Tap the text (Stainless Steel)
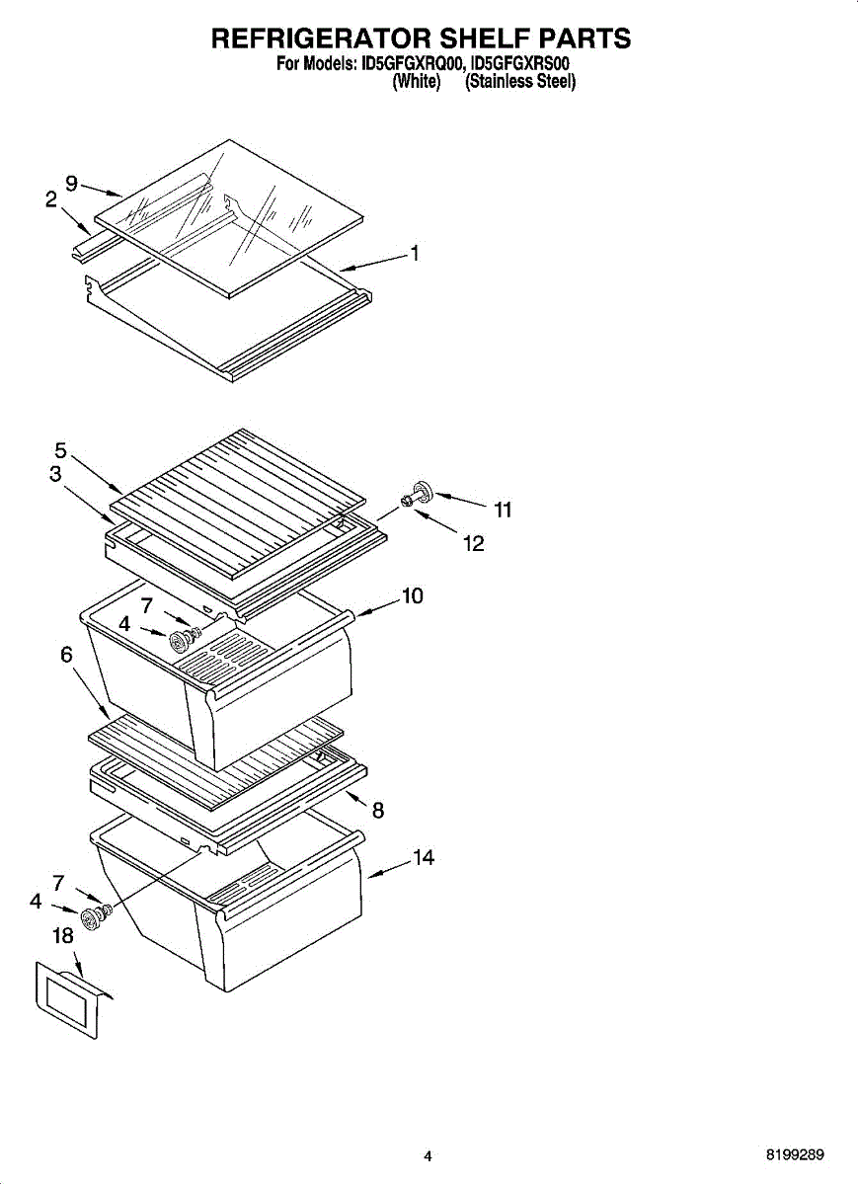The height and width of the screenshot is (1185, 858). [x=519, y=82]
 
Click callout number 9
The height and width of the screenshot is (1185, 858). [x=71, y=183]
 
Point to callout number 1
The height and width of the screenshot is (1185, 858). [x=416, y=254]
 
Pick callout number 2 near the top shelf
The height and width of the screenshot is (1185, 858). [x=50, y=199]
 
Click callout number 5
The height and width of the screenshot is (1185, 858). [x=60, y=450]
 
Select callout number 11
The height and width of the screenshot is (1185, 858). [x=503, y=510]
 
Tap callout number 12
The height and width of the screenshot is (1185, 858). [x=474, y=543]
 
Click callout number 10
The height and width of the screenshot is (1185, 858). [x=412, y=595]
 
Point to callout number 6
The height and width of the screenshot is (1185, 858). [x=66, y=654]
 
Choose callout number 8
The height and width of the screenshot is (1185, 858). [x=377, y=811]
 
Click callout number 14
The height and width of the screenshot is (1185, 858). [x=423, y=858]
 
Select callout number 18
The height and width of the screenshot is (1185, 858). [x=62, y=936]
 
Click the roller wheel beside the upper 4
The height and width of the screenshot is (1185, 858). [x=180, y=641]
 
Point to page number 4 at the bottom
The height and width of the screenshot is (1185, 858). [x=428, y=1155]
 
